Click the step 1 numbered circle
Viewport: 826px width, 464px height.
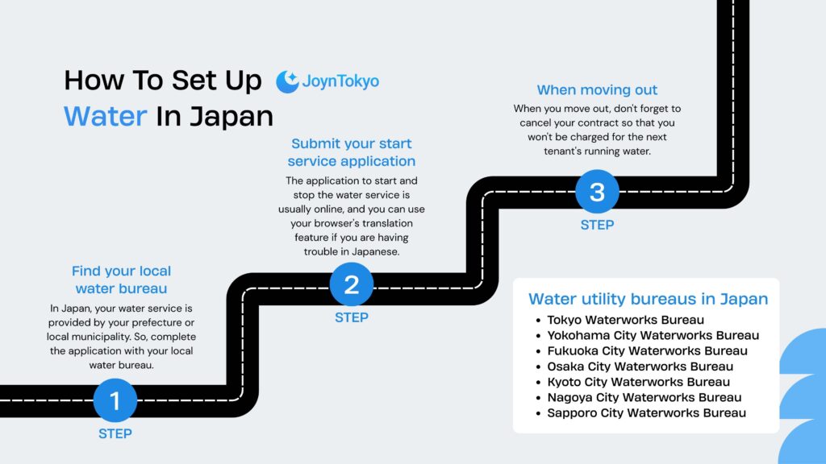115,400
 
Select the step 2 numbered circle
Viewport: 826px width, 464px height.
352,284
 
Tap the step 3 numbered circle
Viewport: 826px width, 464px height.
597,193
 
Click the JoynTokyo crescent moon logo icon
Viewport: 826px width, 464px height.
287,81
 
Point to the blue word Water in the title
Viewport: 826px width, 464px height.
105,116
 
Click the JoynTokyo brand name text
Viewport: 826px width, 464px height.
340,81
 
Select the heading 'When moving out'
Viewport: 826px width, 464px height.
597,90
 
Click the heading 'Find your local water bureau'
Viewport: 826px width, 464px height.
122,280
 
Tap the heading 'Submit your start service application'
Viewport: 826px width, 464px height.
352,151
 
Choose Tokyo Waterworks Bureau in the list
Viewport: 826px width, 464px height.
625,320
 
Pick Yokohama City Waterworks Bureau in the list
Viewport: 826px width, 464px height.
653,335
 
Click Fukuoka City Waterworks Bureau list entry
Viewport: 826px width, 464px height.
647,350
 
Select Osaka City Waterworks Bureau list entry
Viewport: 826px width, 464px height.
640,367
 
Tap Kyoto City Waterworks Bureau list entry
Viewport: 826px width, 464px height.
638,382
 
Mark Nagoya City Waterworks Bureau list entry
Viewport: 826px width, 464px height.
644,397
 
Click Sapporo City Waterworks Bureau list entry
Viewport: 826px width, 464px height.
646,412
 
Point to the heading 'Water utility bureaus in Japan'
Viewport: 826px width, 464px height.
648,299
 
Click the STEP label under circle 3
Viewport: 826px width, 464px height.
597,225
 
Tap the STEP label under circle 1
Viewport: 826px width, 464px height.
115,433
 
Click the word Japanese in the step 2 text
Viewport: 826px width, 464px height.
377,251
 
